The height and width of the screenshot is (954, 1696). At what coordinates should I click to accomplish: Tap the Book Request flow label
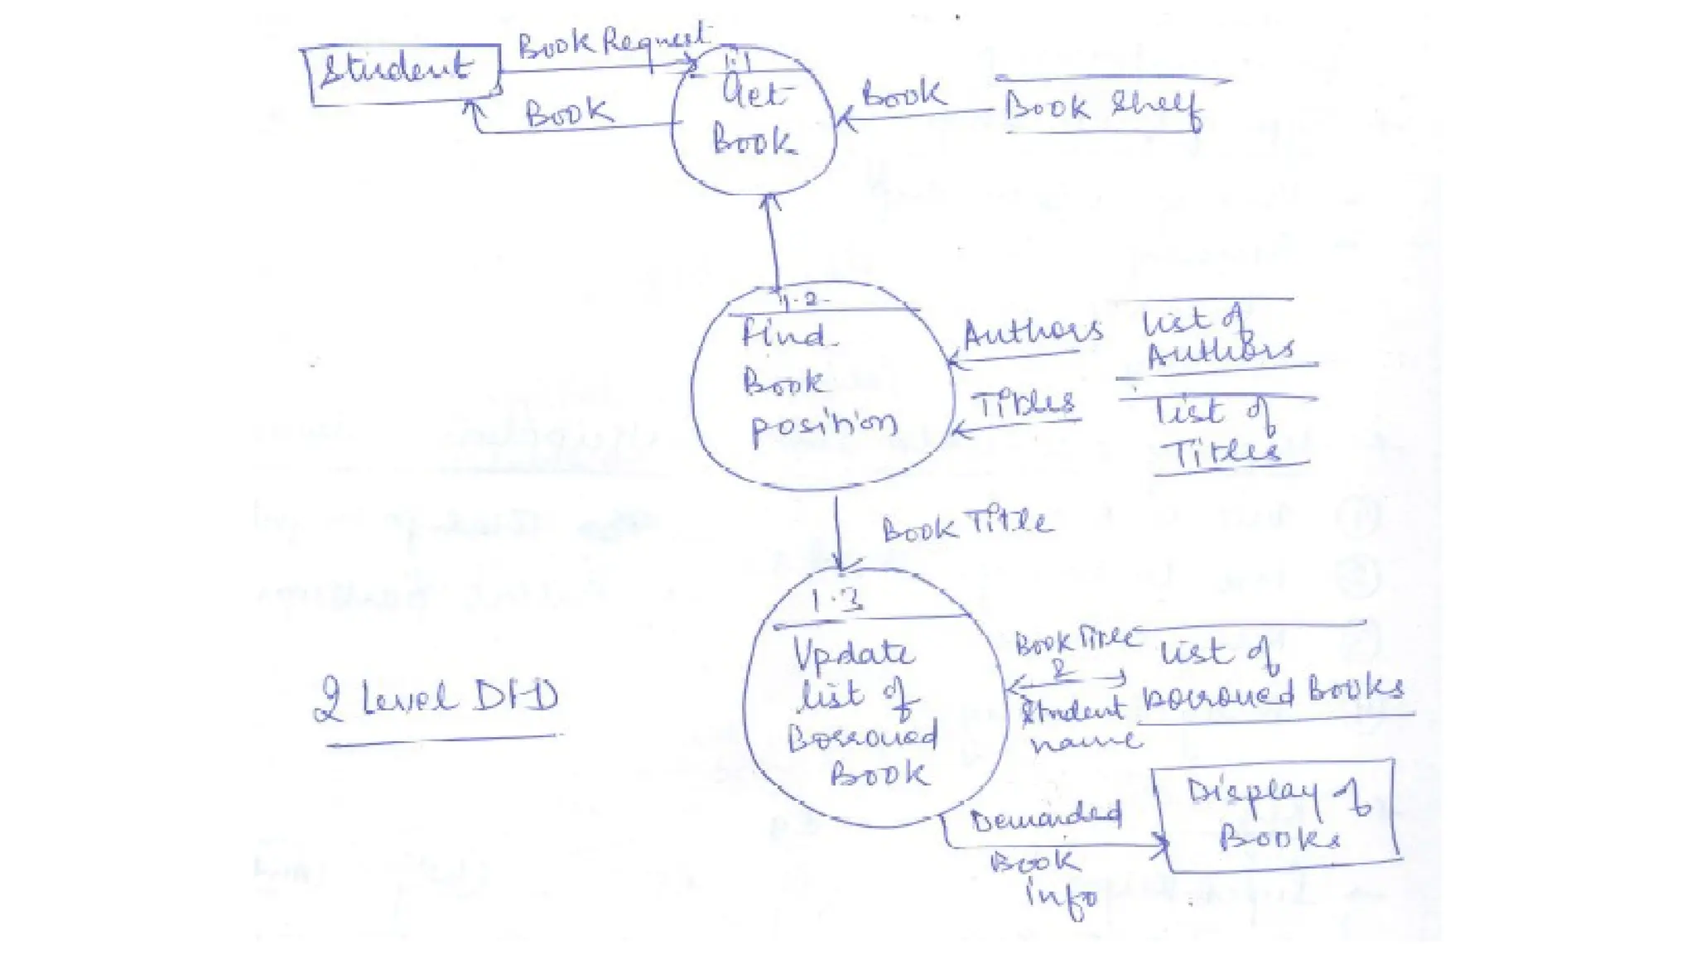tap(613, 41)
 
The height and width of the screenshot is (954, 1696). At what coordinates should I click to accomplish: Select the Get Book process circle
tap(754, 124)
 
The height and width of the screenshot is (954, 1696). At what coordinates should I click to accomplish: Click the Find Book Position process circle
tap(820, 389)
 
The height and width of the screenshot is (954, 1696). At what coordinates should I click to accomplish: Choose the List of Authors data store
tap(1217, 335)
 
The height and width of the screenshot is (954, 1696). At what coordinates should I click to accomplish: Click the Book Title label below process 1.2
tap(966, 525)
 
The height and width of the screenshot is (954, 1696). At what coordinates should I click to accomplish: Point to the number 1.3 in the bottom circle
tap(836, 600)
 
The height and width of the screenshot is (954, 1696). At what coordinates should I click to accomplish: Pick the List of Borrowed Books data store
tap(1271, 675)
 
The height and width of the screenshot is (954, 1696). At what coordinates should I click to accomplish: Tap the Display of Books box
tap(1279, 816)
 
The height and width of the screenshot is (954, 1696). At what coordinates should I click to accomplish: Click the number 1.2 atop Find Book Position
tap(799, 300)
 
